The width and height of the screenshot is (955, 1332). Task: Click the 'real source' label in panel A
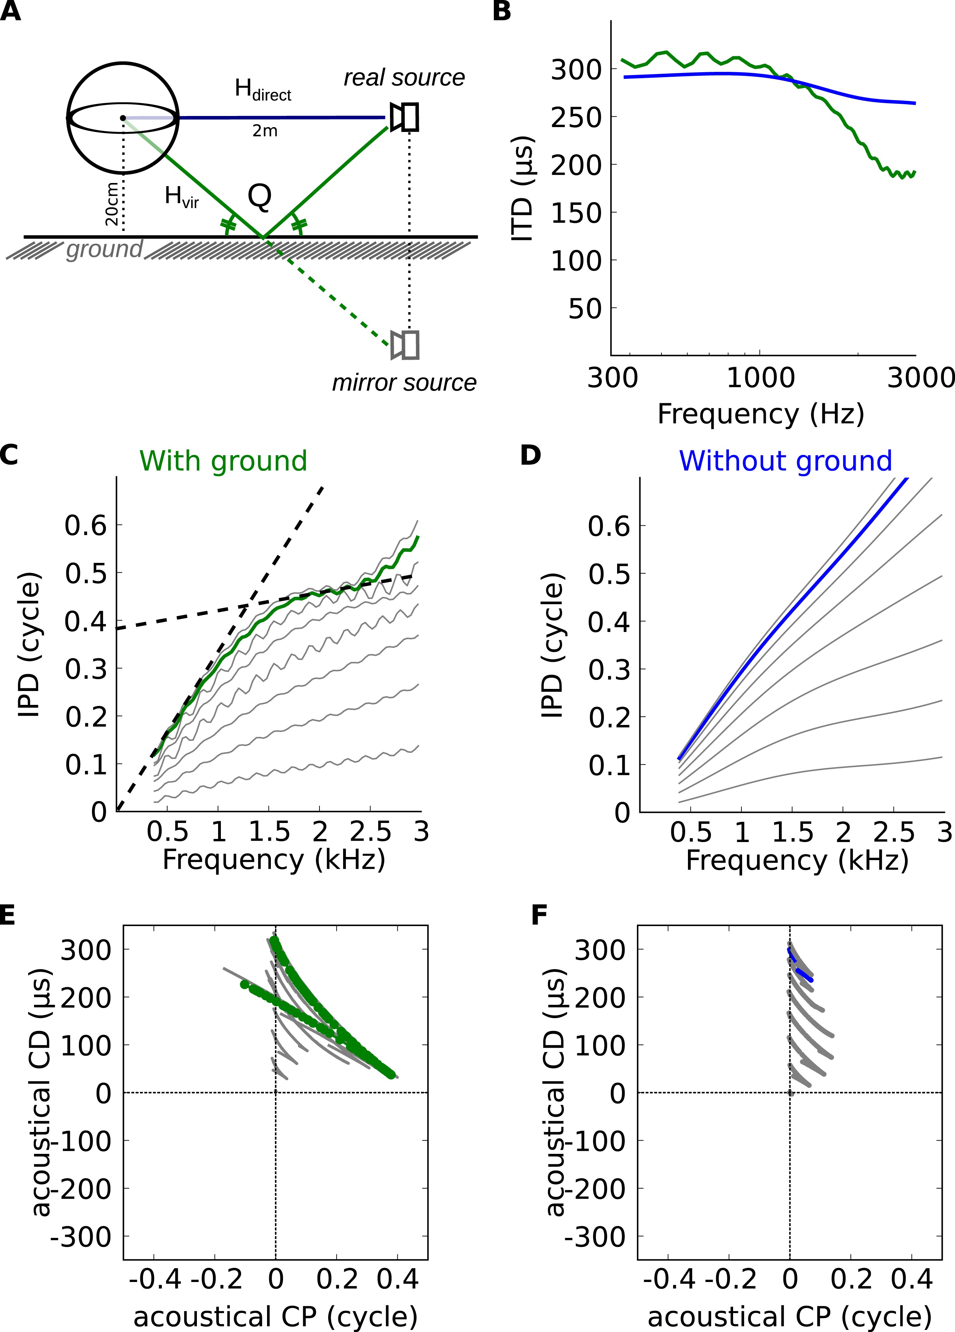click(404, 77)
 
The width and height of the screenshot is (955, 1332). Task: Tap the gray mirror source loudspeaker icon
click(405, 345)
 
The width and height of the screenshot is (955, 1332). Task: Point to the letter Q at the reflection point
click(260, 197)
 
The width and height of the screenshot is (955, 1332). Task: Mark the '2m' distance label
click(265, 131)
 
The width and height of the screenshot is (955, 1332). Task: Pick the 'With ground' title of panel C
click(223, 461)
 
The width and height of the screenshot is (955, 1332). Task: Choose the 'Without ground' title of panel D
click(785, 461)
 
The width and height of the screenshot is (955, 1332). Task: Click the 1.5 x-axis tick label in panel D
click(792, 832)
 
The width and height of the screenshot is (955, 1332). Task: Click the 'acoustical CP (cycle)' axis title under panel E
click(275, 1316)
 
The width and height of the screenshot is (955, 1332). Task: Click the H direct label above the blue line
click(263, 90)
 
